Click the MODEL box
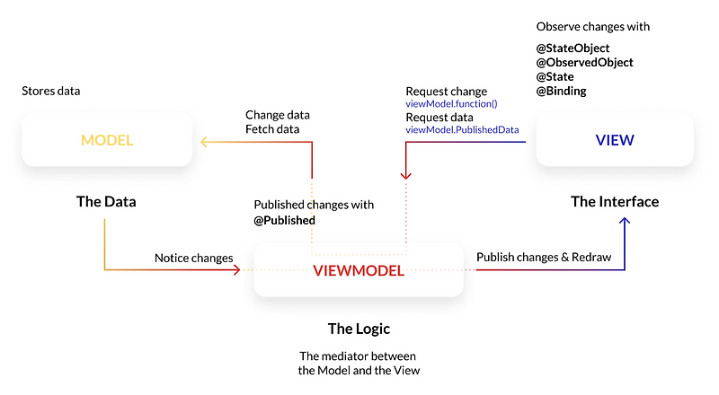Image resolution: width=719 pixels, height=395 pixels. tap(107, 140)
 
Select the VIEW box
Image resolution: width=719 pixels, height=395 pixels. tap(615, 140)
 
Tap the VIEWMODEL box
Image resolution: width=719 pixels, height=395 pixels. tap(359, 270)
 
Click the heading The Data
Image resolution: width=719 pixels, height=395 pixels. tap(106, 201)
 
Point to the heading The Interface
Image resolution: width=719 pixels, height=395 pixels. tap(615, 201)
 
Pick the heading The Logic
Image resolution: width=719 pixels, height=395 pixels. tap(359, 328)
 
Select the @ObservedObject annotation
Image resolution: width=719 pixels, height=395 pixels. tap(585, 63)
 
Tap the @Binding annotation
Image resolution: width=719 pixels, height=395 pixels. tap(562, 91)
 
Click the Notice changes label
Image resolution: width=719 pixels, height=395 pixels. tap(193, 258)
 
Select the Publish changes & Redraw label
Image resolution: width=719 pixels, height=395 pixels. tap(544, 257)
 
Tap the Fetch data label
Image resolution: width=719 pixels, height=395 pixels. tap(273, 129)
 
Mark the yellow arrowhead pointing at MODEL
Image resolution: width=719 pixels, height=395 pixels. tap(204, 141)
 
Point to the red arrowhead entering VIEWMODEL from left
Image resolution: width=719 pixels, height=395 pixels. tap(248, 268)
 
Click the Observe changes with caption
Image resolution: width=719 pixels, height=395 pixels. tap(593, 27)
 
